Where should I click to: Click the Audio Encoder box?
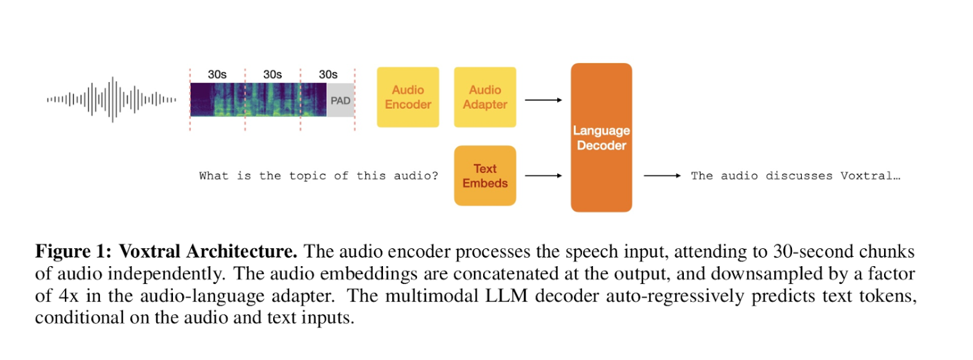click(x=408, y=98)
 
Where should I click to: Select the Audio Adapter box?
click(x=485, y=98)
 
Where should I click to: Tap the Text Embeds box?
click(x=485, y=176)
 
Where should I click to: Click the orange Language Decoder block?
click(x=601, y=138)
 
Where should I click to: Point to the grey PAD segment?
click(x=340, y=101)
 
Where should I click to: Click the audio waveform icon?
click(x=112, y=99)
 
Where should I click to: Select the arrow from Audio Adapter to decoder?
click(x=543, y=100)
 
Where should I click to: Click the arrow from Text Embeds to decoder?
click(x=543, y=176)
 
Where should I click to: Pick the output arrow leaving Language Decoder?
click(x=662, y=176)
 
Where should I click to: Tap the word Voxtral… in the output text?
click(x=870, y=176)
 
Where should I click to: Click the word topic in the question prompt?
click(x=308, y=176)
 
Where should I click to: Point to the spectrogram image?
click(x=258, y=100)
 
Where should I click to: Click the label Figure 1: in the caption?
click(x=74, y=252)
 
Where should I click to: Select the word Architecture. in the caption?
click(x=242, y=252)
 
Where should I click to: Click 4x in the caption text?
click(x=69, y=296)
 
